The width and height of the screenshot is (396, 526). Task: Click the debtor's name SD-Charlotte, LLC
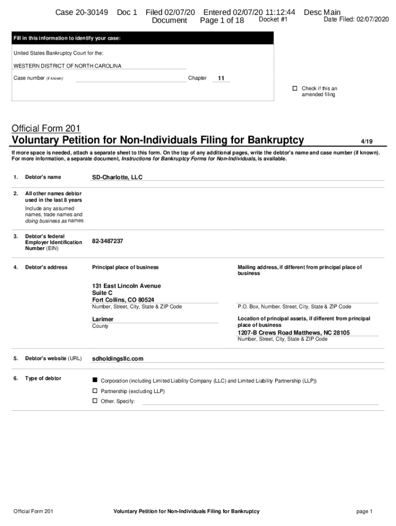coord(117,177)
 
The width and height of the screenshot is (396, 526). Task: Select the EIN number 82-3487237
coord(107,241)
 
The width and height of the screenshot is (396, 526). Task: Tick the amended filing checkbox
coord(295,88)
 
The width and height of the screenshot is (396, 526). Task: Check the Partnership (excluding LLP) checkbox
coord(95,391)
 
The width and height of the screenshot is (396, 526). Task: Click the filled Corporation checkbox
coord(95,381)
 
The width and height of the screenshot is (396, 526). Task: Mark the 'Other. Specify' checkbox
coord(95,401)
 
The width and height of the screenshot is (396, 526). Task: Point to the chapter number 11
coord(221,78)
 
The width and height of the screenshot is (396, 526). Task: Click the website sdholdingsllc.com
coord(118,359)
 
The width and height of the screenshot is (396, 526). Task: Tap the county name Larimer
coord(103,319)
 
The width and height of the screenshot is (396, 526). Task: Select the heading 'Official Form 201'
coord(46,128)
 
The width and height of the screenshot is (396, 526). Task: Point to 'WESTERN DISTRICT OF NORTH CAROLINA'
coord(67,66)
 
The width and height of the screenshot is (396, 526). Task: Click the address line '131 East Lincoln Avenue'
coord(127,286)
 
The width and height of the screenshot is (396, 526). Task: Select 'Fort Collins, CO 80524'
coord(123,300)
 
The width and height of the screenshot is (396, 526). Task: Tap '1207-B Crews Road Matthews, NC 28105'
coord(294,333)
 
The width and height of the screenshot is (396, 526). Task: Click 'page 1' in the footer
coord(364,511)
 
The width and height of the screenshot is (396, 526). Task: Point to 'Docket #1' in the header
coord(273,20)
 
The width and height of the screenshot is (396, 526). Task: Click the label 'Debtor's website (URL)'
coord(53,359)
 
